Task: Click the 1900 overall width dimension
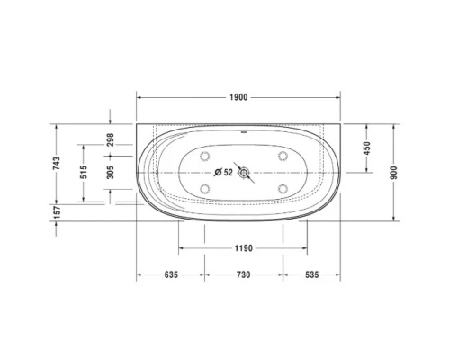pos(238,97)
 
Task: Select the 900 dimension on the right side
pos(394,173)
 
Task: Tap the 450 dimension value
pos(366,149)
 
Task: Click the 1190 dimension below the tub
pos(238,247)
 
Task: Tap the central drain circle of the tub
pos(241,172)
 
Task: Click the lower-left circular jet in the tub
pos(205,188)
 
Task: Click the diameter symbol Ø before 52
pos(217,172)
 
